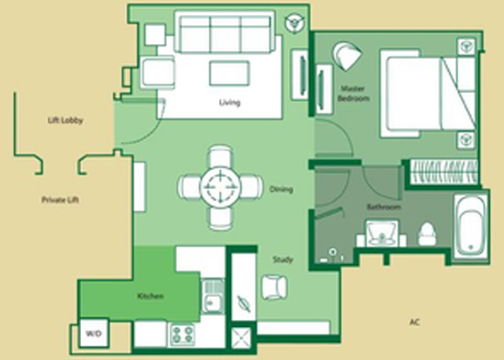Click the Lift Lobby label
pyautogui.click(x=65, y=121)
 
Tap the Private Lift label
pyautogui.click(x=61, y=200)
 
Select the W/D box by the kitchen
pyautogui.click(x=94, y=333)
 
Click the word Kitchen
pyautogui.click(x=150, y=296)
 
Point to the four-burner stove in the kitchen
pyautogui.click(x=183, y=335)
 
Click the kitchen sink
pyautogui.click(x=213, y=296)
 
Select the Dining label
pyautogui.click(x=281, y=189)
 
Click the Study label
pyautogui.click(x=283, y=259)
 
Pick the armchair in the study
pyautogui.click(x=274, y=288)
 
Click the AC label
pyautogui.click(x=415, y=321)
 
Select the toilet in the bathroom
pyautogui.click(x=428, y=234)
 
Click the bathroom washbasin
pyautogui.click(x=382, y=233)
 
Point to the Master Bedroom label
pyautogui.click(x=353, y=93)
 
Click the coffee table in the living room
pyautogui.click(x=229, y=73)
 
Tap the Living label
pyautogui.click(x=229, y=102)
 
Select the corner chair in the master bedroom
pyautogui.click(x=347, y=56)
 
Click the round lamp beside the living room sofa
pyautogui.click(x=294, y=23)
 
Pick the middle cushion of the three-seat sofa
pyautogui.click(x=225, y=34)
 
